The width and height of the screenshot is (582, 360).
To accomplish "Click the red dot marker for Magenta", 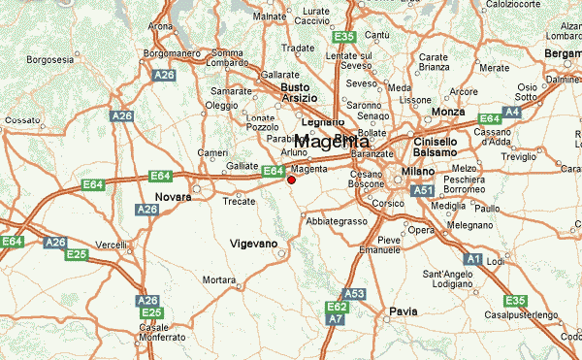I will click(x=291, y=180).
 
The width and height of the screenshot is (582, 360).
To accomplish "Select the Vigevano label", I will click(x=253, y=243).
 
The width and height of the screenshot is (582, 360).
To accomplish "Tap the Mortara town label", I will click(x=219, y=280).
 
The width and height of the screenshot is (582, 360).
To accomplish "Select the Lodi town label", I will click(x=496, y=262).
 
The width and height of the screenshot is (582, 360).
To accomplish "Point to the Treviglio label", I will click(x=525, y=156).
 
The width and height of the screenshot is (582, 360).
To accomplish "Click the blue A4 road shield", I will click(x=511, y=113).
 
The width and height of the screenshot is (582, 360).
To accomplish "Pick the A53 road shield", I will click(x=354, y=294).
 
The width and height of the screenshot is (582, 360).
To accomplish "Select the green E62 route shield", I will click(x=337, y=306).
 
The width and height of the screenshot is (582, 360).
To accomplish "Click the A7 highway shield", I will click(x=335, y=318).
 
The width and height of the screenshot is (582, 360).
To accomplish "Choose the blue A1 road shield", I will click(x=473, y=259).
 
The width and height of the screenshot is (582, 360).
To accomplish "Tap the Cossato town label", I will click(x=21, y=120).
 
